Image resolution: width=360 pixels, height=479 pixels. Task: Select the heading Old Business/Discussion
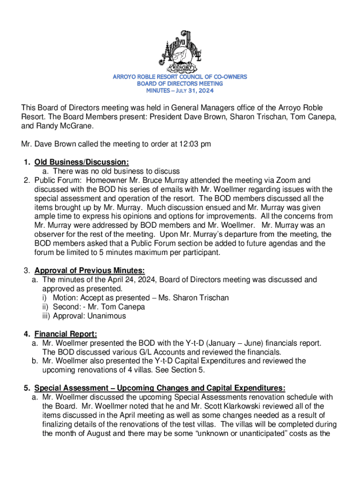(81, 162)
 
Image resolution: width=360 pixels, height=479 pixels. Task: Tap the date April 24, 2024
(115, 280)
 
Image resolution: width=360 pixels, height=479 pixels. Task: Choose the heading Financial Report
(65, 334)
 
